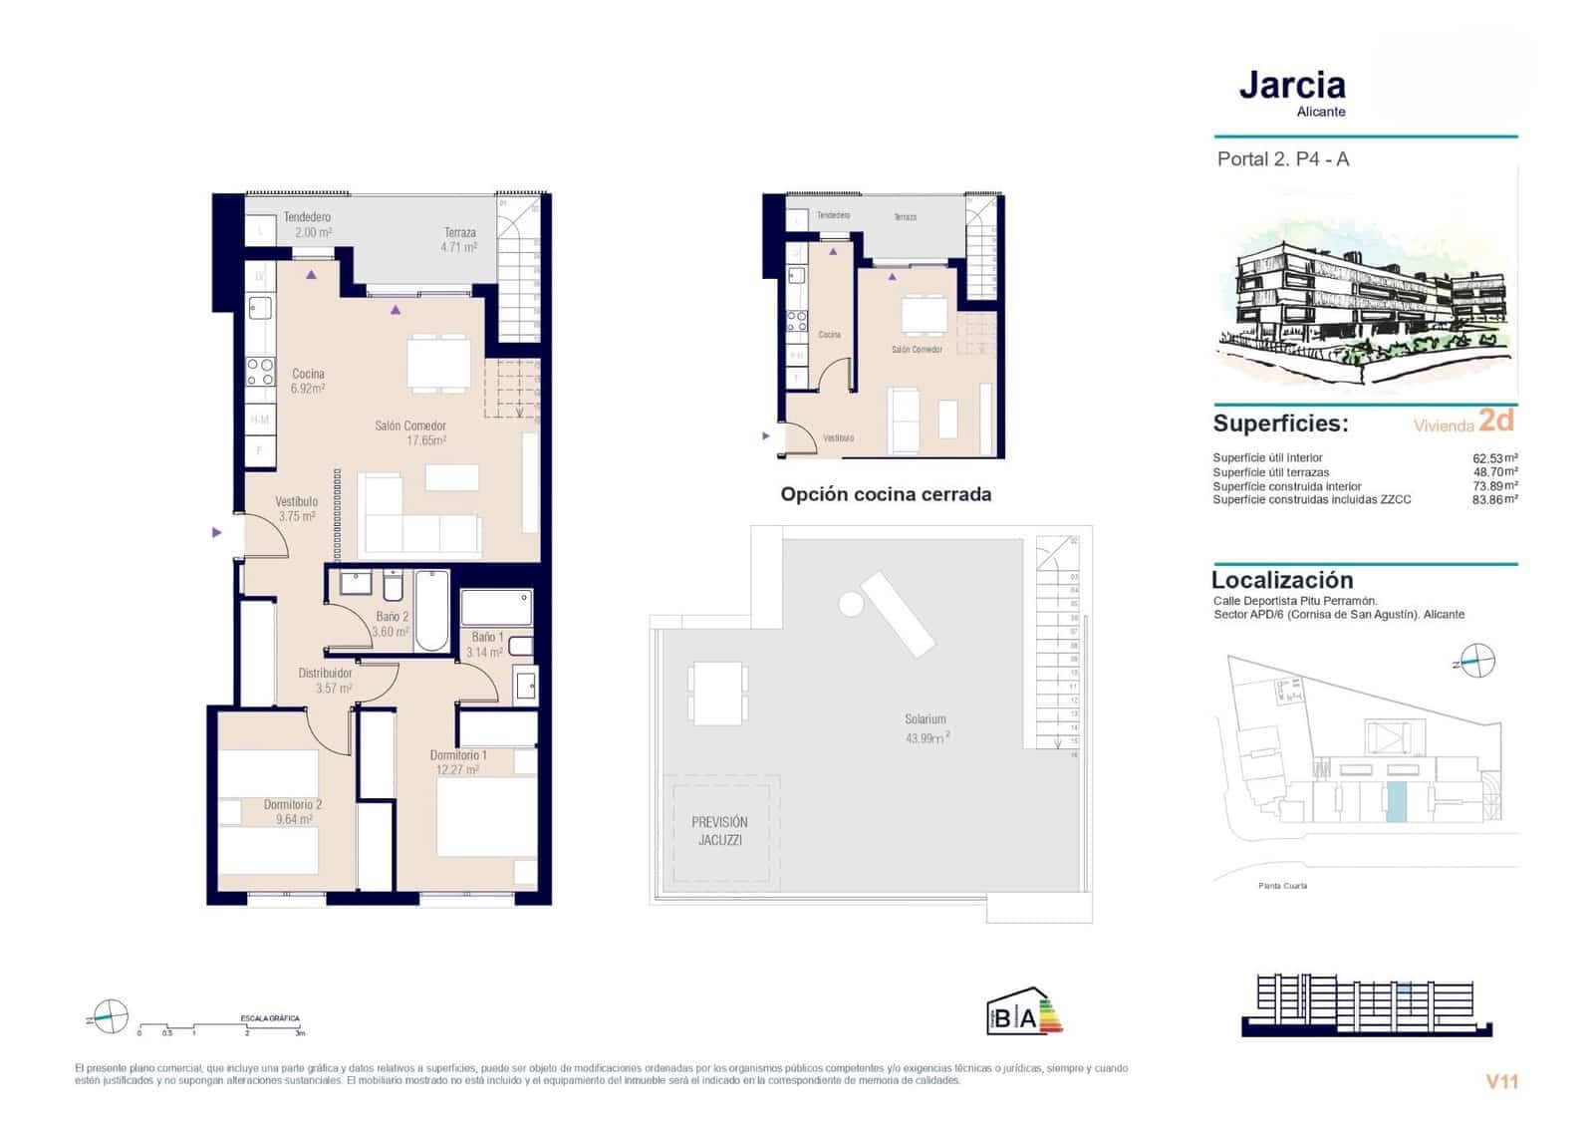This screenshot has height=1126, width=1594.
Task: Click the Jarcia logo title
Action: (1292, 86)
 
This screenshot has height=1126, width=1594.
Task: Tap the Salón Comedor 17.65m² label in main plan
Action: (409, 432)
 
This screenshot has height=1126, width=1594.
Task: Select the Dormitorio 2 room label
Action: (293, 811)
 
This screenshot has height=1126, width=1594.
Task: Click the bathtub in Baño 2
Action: (431, 609)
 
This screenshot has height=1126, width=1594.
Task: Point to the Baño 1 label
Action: (486, 644)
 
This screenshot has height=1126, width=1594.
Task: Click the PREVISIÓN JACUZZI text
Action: (719, 830)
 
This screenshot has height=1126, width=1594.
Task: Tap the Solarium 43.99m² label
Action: (926, 727)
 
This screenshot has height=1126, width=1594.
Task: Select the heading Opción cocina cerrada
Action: (885, 494)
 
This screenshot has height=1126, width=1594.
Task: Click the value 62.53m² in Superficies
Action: (1494, 458)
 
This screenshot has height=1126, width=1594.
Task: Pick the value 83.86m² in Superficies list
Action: (1494, 500)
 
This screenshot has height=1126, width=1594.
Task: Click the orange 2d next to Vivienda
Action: (1495, 421)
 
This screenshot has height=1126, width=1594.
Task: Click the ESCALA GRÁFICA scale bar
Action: (219, 1027)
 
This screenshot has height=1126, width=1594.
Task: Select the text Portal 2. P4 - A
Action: (1282, 159)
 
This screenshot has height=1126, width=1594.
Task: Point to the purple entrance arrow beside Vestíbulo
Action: (217, 533)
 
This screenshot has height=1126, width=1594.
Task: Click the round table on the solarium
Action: (851, 603)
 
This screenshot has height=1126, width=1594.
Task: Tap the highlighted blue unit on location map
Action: (1397, 802)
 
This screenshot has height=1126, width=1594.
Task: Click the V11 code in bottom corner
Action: (1500, 1081)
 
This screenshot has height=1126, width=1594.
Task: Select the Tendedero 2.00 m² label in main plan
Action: (307, 224)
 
